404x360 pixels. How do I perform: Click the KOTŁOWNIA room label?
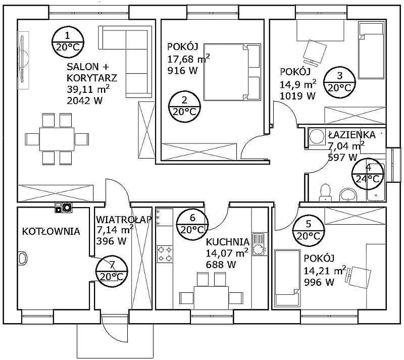tap(51, 231)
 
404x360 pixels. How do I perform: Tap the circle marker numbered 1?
tap(68, 41)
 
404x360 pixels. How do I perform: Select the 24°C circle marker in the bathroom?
tap(368, 174)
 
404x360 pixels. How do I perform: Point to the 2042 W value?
tap(84, 100)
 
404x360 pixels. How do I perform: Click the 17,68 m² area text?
tap(188, 59)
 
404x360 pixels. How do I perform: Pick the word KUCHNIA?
tap(228, 242)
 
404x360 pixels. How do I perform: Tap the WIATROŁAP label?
tap(124, 220)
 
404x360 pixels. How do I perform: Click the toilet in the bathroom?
tap(325, 192)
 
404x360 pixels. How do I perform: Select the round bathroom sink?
tap(348, 194)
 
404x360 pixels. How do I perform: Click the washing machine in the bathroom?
tap(317, 137)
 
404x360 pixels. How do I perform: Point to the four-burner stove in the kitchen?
tap(165, 254)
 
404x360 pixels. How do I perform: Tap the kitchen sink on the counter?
tap(260, 244)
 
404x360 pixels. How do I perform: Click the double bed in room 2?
tap(232, 72)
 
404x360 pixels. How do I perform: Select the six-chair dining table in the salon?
tap(57, 139)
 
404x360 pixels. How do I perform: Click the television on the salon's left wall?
tap(23, 60)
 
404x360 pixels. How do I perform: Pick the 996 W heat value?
tap(319, 282)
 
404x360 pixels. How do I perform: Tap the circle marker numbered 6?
tap(192, 224)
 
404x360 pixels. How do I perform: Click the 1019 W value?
tap(297, 96)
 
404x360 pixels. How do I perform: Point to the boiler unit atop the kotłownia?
tap(64, 208)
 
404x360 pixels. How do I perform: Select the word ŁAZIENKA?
tap(351, 135)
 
